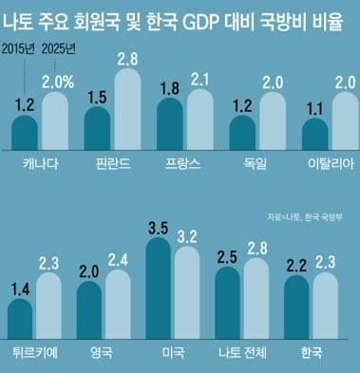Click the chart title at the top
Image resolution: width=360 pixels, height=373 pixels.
[x=180, y=16]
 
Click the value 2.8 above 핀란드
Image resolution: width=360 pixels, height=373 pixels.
[x=129, y=60]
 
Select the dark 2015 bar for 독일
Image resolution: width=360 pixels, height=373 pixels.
[x=242, y=135]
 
